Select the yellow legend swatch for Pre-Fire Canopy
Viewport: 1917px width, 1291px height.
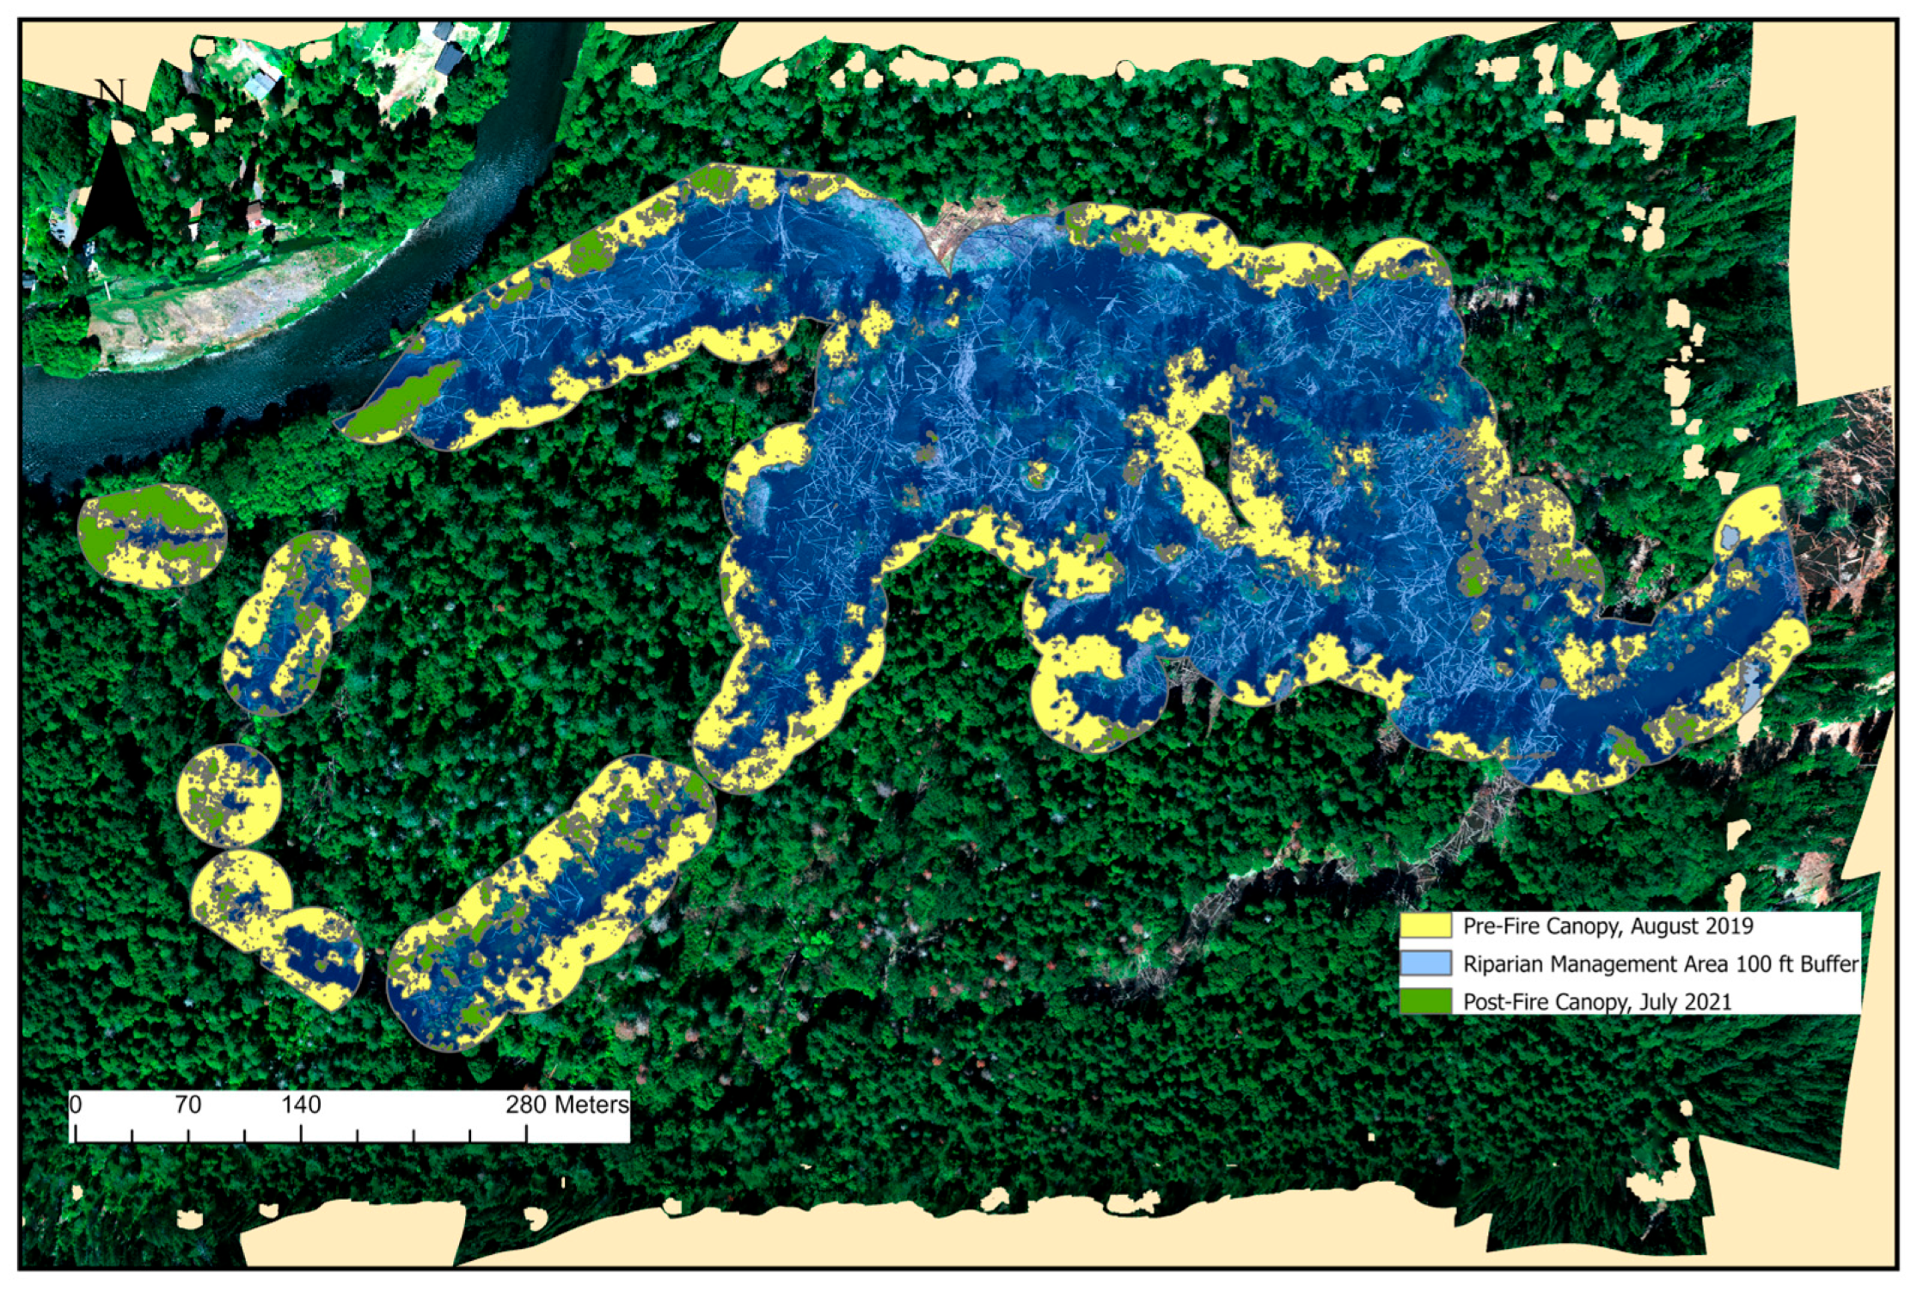pyautogui.click(x=1425, y=926)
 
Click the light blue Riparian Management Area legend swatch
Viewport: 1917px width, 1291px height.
pyautogui.click(x=1425, y=963)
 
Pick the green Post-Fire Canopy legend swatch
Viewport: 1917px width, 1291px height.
pyautogui.click(x=1425, y=1001)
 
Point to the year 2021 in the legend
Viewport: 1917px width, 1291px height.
pyautogui.click(x=1703, y=1001)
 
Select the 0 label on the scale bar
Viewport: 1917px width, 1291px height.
pyautogui.click(x=76, y=1104)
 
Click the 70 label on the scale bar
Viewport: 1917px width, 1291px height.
pyautogui.click(x=187, y=1104)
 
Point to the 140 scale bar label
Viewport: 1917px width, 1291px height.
pyautogui.click(x=301, y=1104)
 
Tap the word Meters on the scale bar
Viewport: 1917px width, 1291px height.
pyautogui.click(x=591, y=1104)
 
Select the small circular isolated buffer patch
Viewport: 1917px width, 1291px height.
pyautogui.click(x=229, y=796)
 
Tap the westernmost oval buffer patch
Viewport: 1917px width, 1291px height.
pyautogui.click(x=151, y=535)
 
